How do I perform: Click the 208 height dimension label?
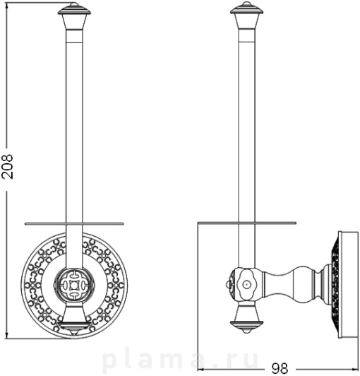pos(7,166)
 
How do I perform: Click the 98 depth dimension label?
pos(280,368)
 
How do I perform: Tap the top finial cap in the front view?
pos(74,10)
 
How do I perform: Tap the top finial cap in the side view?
pos(246,9)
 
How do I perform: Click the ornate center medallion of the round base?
pos(74,286)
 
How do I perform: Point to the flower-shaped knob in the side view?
pos(246,284)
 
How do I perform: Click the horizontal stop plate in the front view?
pos(74,224)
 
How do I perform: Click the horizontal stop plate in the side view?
pos(247,223)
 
